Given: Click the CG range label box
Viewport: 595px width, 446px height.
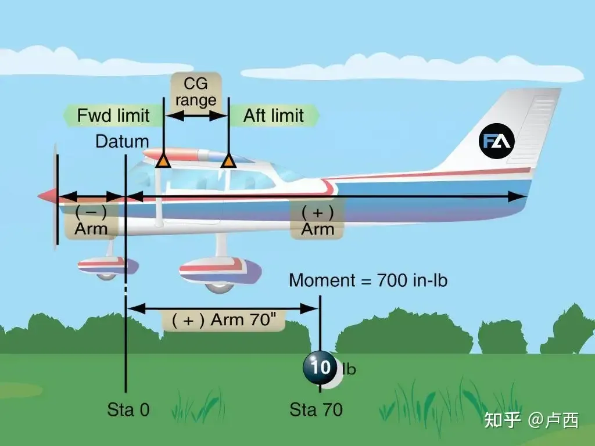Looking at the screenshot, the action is pyautogui.click(x=196, y=92).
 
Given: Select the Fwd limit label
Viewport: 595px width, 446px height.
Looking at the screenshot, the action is pyautogui.click(x=113, y=116).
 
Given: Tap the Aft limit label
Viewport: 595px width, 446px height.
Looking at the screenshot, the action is pyautogui.click(x=274, y=116).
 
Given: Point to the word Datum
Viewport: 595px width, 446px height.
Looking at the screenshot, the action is pyautogui.click(x=122, y=142).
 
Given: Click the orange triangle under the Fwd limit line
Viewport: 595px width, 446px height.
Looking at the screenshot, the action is pyautogui.click(x=163, y=161).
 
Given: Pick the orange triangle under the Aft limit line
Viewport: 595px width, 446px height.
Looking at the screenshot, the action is pyautogui.click(x=228, y=161).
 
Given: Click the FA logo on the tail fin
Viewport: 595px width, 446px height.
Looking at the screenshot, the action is pyautogui.click(x=496, y=141).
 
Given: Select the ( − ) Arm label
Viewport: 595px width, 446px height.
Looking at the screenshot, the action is pyautogui.click(x=91, y=221).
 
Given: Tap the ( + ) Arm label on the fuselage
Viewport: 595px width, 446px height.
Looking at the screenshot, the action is pyautogui.click(x=317, y=221).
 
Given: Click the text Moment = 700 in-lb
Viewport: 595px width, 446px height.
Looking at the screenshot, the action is pyautogui.click(x=368, y=280).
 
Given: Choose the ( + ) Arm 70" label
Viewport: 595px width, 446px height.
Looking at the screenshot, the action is pyautogui.click(x=224, y=320).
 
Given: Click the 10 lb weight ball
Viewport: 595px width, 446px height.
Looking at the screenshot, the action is pyautogui.click(x=320, y=367).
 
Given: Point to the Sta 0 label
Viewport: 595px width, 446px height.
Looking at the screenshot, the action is pyautogui.click(x=128, y=409).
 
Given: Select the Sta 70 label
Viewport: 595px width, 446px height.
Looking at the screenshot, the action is pyautogui.click(x=316, y=409).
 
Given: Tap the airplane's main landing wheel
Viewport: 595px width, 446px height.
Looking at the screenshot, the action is pyautogui.click(x=219, y=286).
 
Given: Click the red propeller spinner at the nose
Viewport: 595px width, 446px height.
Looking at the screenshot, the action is pyautogui.click(x=47, y=196).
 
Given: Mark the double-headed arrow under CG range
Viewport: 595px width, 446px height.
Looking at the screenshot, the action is pyautogui.click(x=196, y=116).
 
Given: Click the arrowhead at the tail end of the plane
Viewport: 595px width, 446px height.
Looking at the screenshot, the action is pyautogui.click(x=517, y=196).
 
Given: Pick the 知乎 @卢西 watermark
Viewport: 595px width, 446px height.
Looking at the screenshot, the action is pyautogui.click(x=531, y=420).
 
